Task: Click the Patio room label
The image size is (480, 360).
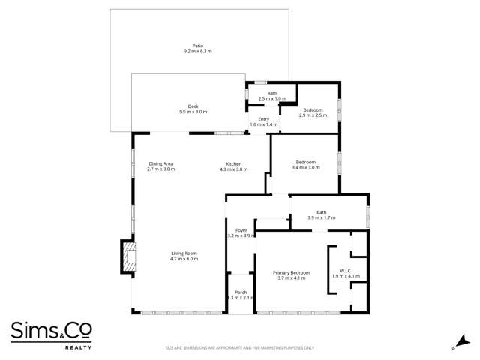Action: click(x=198, y=45)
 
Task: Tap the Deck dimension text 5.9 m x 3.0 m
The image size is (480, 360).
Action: click(x=193, y=112)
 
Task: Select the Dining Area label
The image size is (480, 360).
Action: click(x=160, y=163)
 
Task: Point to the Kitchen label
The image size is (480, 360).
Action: click(x=233, y=163)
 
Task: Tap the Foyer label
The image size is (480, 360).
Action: click(x=241, y=230)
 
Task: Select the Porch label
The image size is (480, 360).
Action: click(x=241, y=292)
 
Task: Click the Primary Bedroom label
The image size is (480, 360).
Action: click(x=291, y=272)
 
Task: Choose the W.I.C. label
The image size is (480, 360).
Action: click(x=346, y=271)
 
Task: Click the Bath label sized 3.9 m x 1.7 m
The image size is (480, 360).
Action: click(x=321, y=212)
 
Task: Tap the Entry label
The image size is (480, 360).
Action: click(x=263, y=118)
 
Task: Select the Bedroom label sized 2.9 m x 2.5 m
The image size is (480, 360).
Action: click(x=313, y=109)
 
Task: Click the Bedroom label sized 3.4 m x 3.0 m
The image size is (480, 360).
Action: click(x=305, y=162)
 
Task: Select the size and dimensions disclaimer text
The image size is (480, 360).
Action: click(x=240, y=348)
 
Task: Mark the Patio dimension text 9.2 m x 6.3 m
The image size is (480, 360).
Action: click(x=198, y=51)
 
